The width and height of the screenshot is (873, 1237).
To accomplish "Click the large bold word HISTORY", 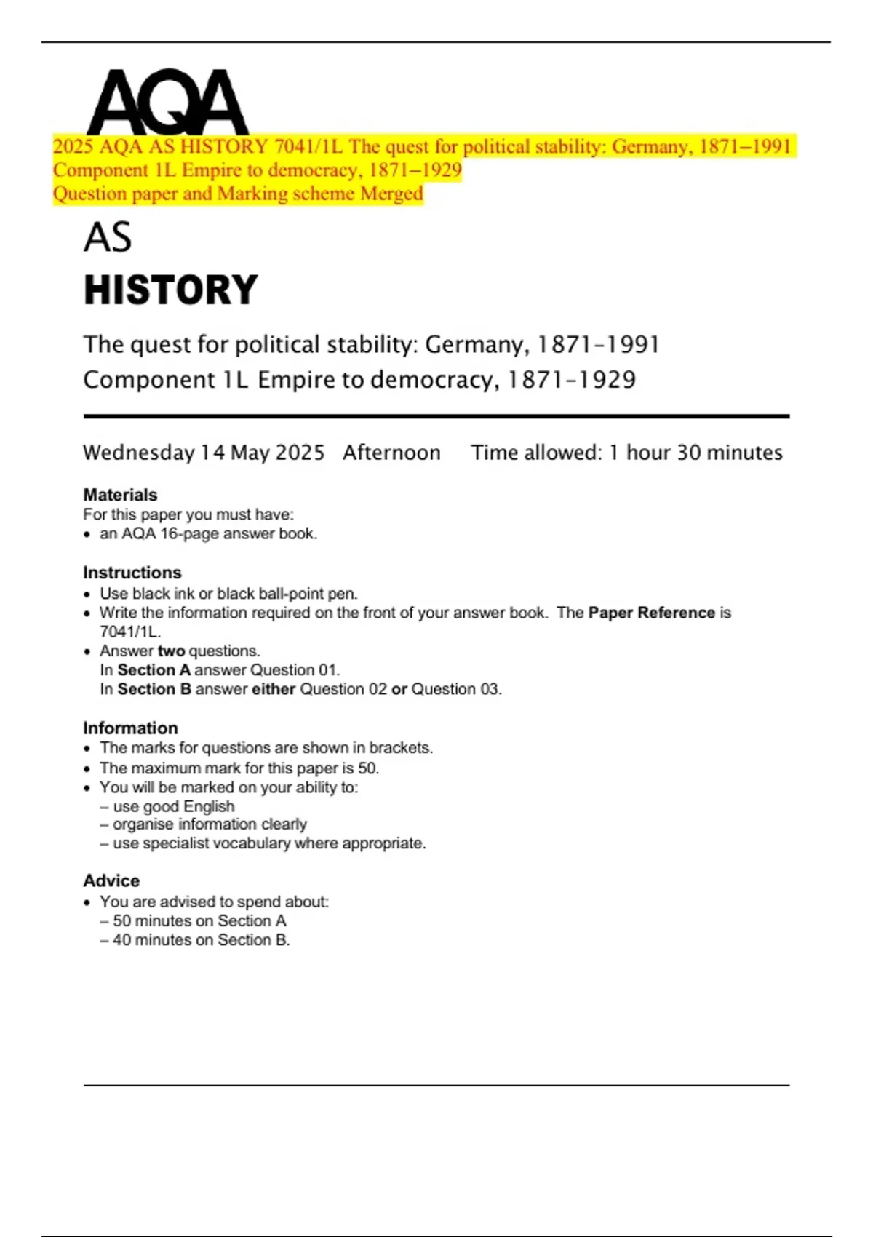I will [x=171, y=290].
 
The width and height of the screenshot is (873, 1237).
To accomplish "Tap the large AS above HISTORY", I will [x=108, y=237].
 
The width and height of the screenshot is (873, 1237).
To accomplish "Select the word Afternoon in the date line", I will [x=391, y=453].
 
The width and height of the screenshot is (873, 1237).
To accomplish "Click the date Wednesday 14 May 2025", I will [x=204, y=453].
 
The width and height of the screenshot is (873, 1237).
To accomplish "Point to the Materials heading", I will [x=120, y=495].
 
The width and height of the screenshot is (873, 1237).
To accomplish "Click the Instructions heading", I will [x=132, y=573].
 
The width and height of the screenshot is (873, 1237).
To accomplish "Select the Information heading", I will [x=130, y=728].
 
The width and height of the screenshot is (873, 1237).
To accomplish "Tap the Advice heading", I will [x=111, y=880].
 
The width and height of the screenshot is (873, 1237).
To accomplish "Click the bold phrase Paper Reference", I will [x=651, y=613].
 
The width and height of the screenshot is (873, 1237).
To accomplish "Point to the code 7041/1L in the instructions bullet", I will [x=129, y=632].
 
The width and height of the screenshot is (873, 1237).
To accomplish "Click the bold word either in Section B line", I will [x=274, y=689].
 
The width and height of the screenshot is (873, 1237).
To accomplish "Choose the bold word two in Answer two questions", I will [x=171, y=651].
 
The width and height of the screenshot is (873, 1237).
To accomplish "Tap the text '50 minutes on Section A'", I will [x=199, y=920].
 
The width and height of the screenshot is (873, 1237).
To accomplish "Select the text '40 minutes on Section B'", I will [x=201, y=940].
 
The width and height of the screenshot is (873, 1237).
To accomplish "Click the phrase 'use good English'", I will [x=174, y=806].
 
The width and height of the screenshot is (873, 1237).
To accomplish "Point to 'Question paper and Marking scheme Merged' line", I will [x=238, y=194].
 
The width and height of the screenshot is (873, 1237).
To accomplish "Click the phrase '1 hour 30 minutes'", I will [x=695, y=453].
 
